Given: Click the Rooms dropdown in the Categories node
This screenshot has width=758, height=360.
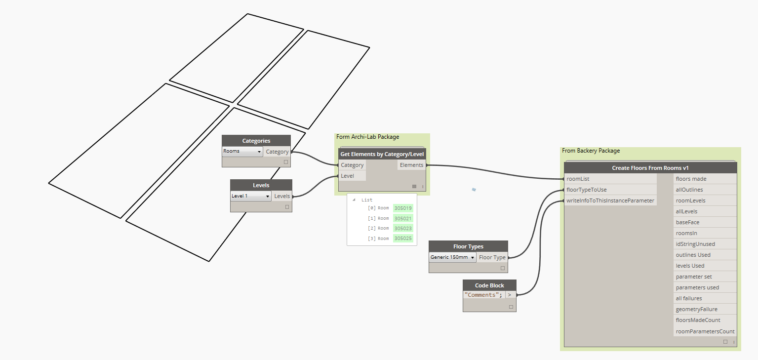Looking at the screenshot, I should point(242,152).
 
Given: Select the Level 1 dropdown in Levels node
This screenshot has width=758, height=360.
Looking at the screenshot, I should point(251,196).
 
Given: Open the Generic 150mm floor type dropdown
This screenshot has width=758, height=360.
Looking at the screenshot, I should point(452,257).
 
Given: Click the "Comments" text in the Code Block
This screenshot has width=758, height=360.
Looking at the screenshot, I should point(483,295).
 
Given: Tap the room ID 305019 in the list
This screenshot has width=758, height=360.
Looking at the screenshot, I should point(403,208).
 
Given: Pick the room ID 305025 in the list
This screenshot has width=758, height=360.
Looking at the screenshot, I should point(403,239).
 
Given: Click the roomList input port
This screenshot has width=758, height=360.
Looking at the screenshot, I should point(578,179).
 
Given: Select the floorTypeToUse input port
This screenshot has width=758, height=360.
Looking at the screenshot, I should point(587,190).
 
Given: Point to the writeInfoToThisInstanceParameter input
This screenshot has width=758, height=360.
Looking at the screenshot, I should point(610,200).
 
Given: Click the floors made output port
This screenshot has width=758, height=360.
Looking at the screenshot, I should point(691,179).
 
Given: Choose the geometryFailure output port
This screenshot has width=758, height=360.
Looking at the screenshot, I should point(696,309).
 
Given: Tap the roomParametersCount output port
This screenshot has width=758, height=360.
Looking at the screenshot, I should point(705,331).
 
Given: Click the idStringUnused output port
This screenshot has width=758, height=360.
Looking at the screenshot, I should point(695,244).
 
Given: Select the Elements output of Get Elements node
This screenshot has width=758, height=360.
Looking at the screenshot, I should point(412,165).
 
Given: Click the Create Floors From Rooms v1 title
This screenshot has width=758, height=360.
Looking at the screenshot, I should point(650,168).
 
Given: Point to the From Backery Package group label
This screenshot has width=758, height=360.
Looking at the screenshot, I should point(591,151).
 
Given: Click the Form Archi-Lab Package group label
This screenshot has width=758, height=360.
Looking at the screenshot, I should point(367,137).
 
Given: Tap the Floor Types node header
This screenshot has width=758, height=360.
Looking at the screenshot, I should point(468,246).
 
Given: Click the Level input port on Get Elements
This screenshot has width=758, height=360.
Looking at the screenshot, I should point(347,176).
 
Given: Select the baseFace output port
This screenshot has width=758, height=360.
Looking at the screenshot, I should point(687,222).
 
